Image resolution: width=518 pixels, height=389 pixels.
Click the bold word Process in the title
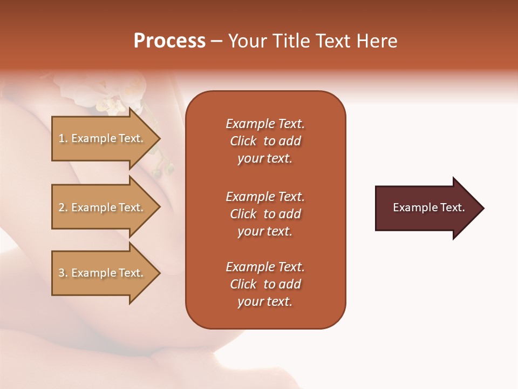pos(169,41)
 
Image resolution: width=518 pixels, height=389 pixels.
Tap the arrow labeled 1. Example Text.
pos(103,138)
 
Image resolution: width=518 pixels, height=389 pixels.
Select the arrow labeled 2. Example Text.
pos(103,207)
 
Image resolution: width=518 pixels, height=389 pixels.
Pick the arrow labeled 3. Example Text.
pos(103,273)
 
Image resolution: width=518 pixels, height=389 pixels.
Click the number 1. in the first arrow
pos(63,138)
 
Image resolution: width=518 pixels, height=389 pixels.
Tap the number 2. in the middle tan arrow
pos(63,207)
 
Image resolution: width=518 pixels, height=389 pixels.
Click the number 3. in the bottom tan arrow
pos(63,273)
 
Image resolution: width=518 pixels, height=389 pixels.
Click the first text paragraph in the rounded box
pos(265,141)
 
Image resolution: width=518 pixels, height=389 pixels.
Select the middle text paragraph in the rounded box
pos(265,214)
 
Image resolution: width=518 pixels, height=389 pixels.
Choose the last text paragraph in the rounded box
pos(265,284)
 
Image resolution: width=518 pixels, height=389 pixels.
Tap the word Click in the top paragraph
pos(243,141)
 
